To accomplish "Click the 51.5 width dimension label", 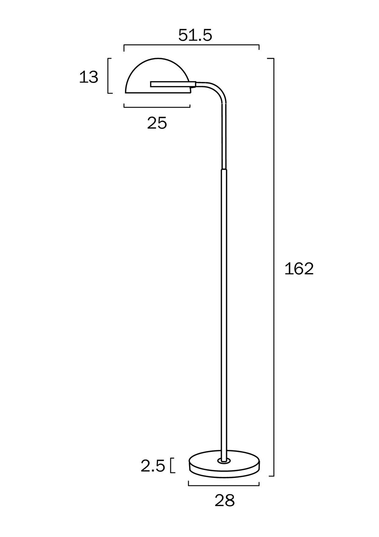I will (195, 35).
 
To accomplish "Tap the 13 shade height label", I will (88, 77).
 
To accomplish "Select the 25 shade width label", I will (157, 123).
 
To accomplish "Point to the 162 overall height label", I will (299, 269).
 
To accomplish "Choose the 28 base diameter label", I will (225, 500).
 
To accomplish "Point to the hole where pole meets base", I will (224, 460).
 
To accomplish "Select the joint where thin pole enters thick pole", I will (224, 169).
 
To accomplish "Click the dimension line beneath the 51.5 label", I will (191, 45).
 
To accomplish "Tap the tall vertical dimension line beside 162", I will (273, 267).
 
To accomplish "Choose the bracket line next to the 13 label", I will (108, 76).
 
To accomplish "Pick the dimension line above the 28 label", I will (224, 486).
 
